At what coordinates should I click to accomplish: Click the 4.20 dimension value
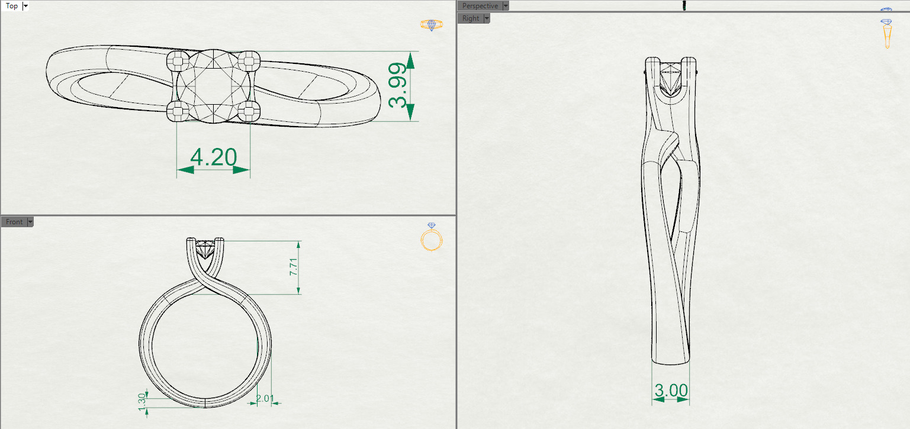pyautogui.click(x=213, y=157)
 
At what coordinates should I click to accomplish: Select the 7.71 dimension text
pyautogui.click(x=292, y=266)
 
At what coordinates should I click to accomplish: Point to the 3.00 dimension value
pyautogui.click(x=671, y=391)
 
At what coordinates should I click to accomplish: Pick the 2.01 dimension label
pyautogui.click(x=265, y=399)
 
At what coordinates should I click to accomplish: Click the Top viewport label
pyautogui.click(x=11, y=7)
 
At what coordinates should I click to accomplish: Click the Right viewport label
pyautogui.click(x=471, y=18)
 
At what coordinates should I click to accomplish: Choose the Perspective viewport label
pyautogui.click(x=480, y=6)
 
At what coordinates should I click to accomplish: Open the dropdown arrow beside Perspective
pyautogui.click(x=505, y=6)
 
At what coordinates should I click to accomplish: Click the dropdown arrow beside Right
pyautogui.click(x=487, y=18)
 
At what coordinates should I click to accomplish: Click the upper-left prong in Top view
pyautogui.click(x=178, y=59)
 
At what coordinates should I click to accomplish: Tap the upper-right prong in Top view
pyautogui.click(x=250, y=59)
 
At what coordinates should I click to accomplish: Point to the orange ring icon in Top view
pyautogui.click(x=431, y=25)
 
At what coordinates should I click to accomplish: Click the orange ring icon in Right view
pyautogui.click(x=886, y=34)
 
